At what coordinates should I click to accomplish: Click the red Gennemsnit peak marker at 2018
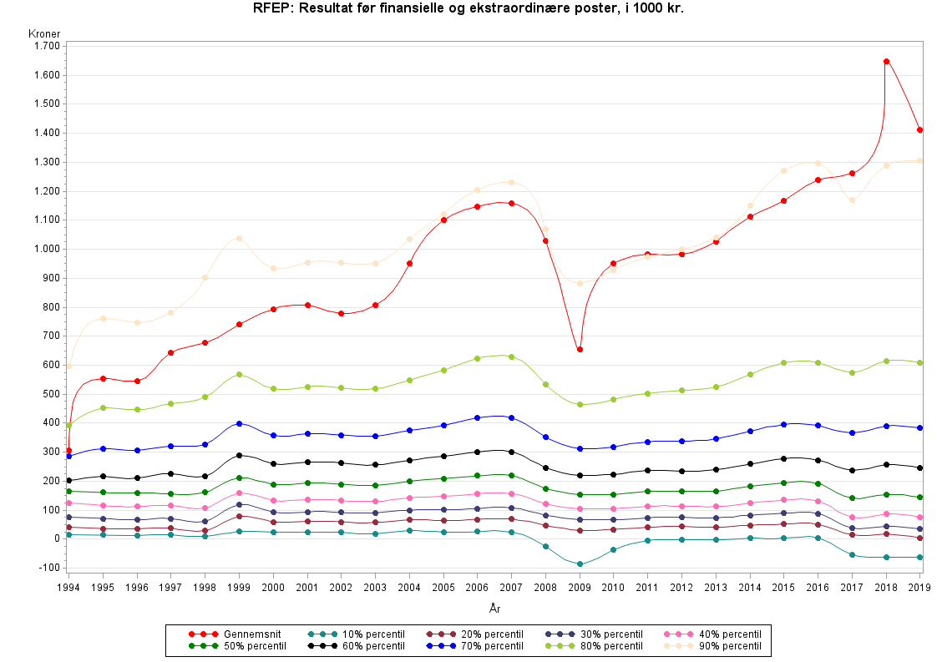point(886,61)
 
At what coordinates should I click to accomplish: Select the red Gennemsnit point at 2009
point(580,349)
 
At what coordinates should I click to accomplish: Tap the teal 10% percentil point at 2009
point(580,564)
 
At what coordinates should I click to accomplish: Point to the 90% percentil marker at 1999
point(239,238)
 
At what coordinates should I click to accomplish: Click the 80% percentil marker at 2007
point(511,356)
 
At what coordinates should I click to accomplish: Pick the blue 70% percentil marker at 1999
point(239,423)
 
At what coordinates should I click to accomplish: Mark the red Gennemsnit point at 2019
point(919,129)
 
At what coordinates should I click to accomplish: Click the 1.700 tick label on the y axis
point(47,46)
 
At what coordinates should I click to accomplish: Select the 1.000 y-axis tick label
point(47,249)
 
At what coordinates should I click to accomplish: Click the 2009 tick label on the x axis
point(580,588)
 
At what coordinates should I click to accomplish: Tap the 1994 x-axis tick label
point(69,588)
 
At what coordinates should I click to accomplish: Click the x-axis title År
point(494,609)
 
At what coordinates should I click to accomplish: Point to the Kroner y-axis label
point(43,33)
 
